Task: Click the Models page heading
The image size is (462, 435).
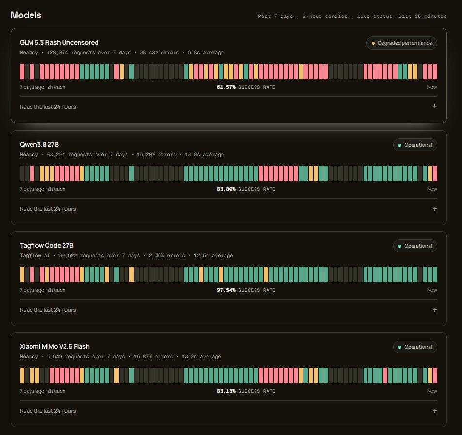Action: (26, 15)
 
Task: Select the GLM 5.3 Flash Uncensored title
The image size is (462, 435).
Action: (59, 43)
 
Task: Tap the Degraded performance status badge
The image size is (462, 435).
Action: (401, 43)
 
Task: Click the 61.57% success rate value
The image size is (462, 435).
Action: (226, 87)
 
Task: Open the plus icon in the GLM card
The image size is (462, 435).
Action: (434, 106)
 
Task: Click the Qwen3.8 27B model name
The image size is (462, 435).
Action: (39, 144)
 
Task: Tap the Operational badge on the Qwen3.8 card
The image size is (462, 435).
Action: (415, 145)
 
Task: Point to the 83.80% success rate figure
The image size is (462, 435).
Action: (226, 189)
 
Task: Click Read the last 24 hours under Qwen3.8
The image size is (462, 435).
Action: (48, 209)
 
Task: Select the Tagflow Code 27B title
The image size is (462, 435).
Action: (47, 245)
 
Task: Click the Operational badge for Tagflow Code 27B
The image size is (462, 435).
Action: (415, 246)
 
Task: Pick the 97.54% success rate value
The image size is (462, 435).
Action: (226, 290)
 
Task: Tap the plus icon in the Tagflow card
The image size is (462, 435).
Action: (434, 310)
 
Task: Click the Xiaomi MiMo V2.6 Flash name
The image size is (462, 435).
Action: (54, 346)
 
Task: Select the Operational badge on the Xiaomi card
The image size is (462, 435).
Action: (415, 347)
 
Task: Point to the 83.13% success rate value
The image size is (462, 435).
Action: (226, 391)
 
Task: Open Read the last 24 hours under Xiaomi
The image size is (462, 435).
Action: (48, 411)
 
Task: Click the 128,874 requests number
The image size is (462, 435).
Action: (58, 53)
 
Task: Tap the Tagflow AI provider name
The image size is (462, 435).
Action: (35, 255)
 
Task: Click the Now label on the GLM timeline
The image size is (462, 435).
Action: (432, 87)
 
